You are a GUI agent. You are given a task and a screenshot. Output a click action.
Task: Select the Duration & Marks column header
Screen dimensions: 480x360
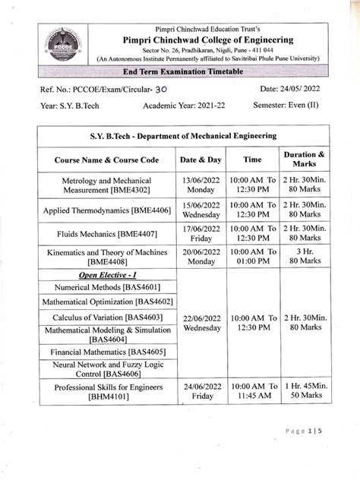click(x=303, y=160)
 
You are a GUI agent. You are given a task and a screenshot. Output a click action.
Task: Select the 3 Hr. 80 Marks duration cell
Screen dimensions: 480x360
click(x=304, y=257)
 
